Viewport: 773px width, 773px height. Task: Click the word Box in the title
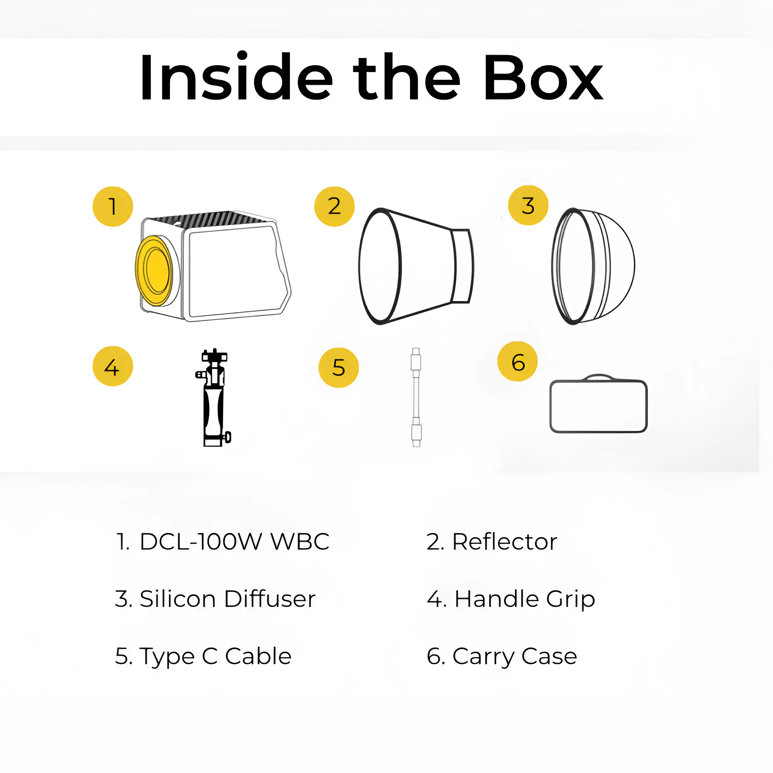pos(543,77)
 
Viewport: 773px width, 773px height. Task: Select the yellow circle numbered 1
pos(113,206)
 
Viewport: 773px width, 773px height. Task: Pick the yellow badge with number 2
pos(335,206)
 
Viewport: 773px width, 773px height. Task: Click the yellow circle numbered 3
pos(528,205)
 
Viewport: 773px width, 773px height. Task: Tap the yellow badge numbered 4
pos(113,366)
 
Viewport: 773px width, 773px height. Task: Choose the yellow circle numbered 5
pos(339,367)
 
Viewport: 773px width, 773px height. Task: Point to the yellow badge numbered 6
pos(517,361)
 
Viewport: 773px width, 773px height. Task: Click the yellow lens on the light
pos(154,271)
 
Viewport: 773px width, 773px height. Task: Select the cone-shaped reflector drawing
pos(416,266)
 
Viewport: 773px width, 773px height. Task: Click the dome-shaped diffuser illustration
pos(593,266)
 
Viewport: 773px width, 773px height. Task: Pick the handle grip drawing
pos(214,397)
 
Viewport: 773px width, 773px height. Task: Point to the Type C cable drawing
pos(416,397)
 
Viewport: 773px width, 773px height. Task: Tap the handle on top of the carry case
pos(599,376)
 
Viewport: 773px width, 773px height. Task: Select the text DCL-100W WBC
pos(234,542)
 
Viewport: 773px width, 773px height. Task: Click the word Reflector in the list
pos(505,542)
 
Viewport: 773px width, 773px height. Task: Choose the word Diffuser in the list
pos(270,599)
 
